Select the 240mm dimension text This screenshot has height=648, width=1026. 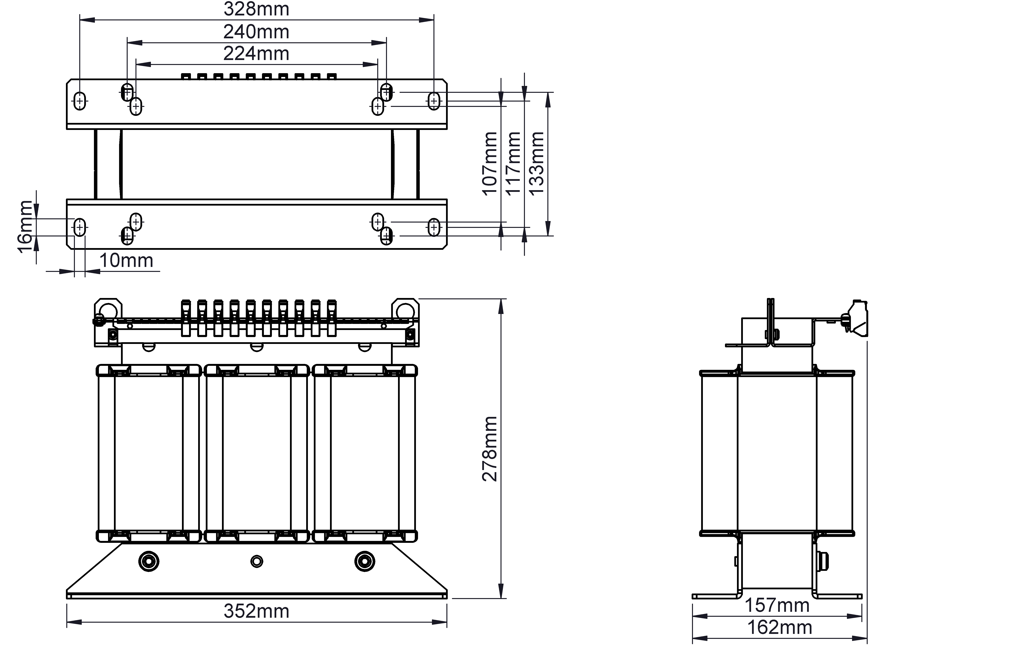(x=256, y=32)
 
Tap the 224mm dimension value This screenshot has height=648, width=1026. (x=256, y=54)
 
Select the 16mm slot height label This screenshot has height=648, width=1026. (x=26, y=227)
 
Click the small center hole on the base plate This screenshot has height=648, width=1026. (x=256, y=561)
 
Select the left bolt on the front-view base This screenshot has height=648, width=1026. (x=149, y=561)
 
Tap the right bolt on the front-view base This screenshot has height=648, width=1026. (x=365, y=561)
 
